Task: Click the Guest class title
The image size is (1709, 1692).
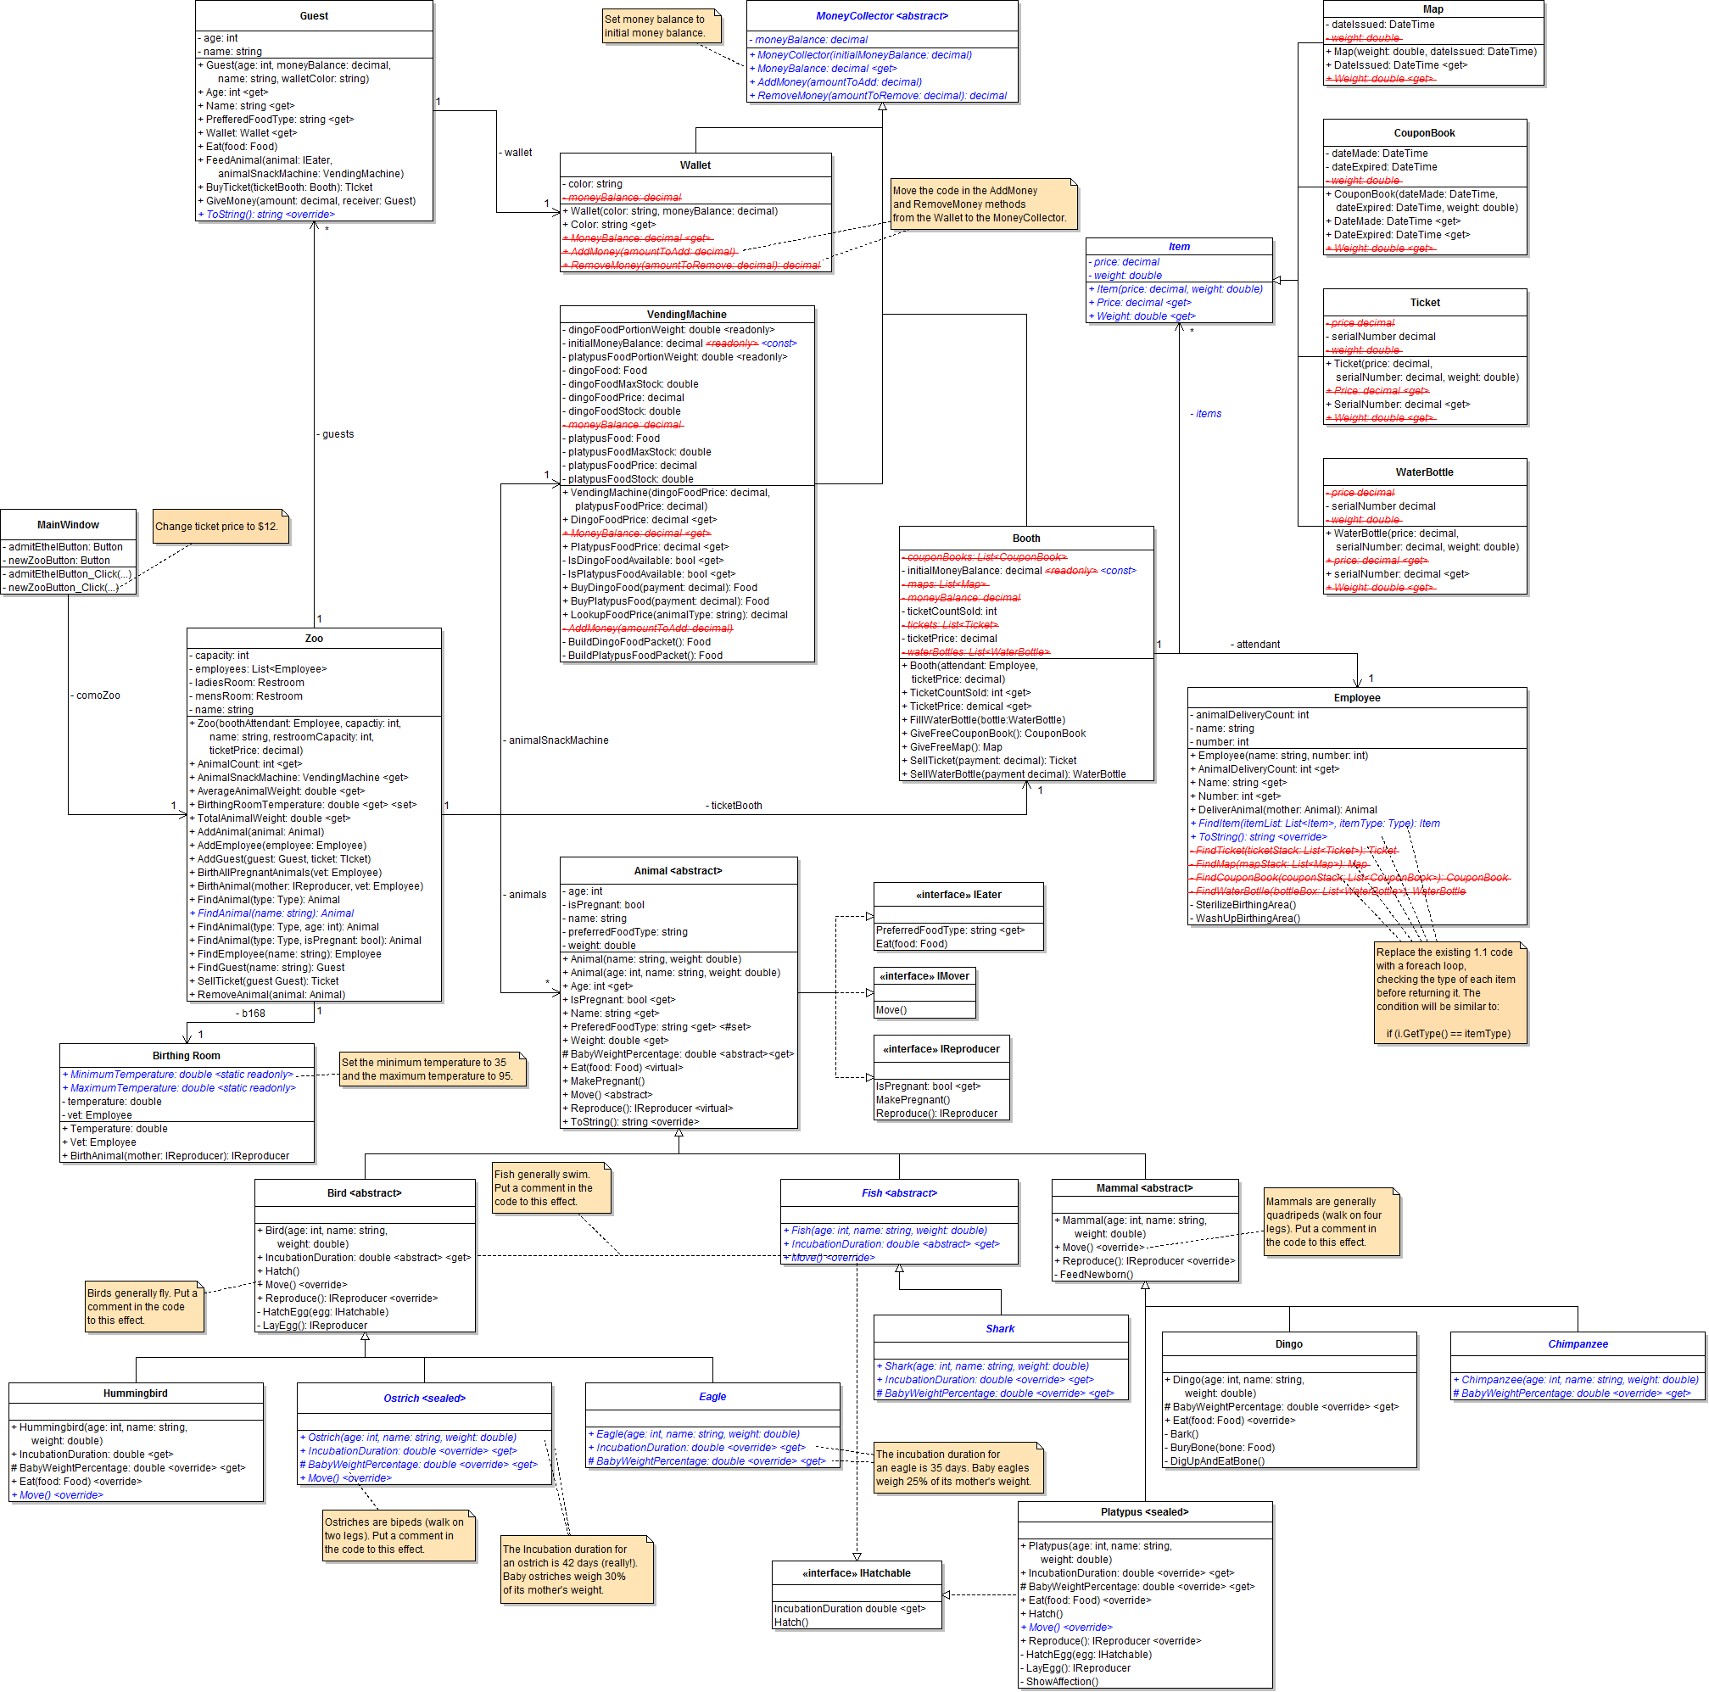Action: (x=314, y=16)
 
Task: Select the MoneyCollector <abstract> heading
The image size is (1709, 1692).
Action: (x=881, y=16)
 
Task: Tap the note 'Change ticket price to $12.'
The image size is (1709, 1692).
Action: (x=217, y=527)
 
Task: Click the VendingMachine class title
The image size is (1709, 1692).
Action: (x=686, y=314)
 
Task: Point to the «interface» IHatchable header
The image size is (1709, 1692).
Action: (x=857, y=1573)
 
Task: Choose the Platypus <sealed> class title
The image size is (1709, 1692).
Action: (x=1145, y=1512)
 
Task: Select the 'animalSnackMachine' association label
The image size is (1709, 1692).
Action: (x=557, y=740)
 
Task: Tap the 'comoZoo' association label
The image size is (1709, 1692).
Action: (x=98, y=695)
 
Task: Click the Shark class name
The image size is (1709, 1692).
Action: (x=1001, y=1328)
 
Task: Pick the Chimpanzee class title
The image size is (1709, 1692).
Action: (x=1578, y=1344)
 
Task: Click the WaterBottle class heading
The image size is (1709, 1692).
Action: (x=1424, y=472)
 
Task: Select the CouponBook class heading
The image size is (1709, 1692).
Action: (x=1424, y=133)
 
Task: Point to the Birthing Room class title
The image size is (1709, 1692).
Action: (x=187, y=1056)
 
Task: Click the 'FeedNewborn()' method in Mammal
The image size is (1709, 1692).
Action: (x=1096, y=1275)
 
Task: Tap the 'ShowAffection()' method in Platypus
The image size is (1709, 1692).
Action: (x=1062, y=1681)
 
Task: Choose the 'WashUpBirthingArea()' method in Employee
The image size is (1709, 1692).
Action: (x=1248, y=918)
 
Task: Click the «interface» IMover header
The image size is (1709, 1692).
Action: (x=924, y=976)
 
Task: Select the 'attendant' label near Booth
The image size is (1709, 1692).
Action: (x=1257, y=645)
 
